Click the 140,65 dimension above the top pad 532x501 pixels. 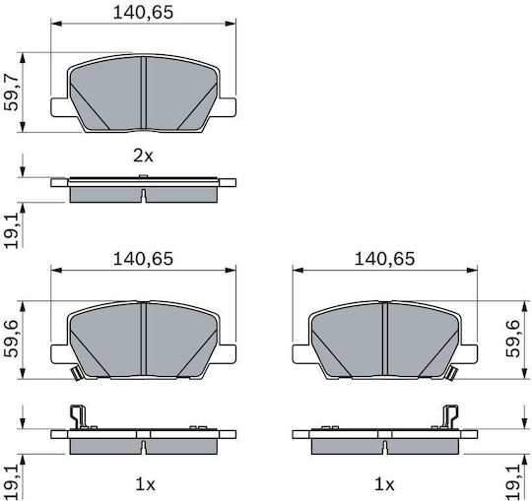[x=143, y=13]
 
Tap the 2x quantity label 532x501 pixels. [x=143, y=157]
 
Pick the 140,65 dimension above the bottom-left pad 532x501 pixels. [x=143, y=259]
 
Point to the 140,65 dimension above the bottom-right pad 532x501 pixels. [x=384, y=259]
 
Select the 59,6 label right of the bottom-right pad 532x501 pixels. [x=513, y=339]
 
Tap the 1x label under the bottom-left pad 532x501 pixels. [x=145, y=485]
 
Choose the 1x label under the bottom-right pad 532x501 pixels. [x=384, y=485]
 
